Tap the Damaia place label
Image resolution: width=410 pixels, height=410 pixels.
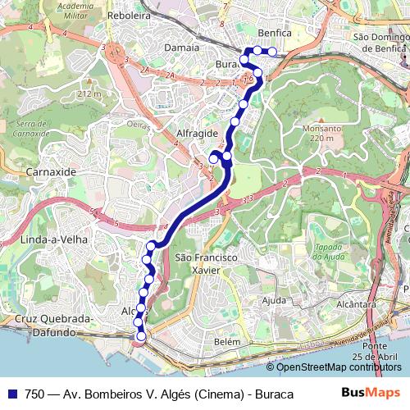click(182, 48)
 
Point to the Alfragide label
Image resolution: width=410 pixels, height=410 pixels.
click(197, 132)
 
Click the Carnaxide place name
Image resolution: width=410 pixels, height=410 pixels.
click(51, 173)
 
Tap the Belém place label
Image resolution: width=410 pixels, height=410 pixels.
click(227, 341)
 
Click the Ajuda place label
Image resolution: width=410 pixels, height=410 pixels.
click(273, 300)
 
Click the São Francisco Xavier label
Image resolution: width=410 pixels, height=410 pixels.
click(207, 263)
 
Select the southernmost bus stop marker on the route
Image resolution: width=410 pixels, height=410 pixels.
click(141, 336)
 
